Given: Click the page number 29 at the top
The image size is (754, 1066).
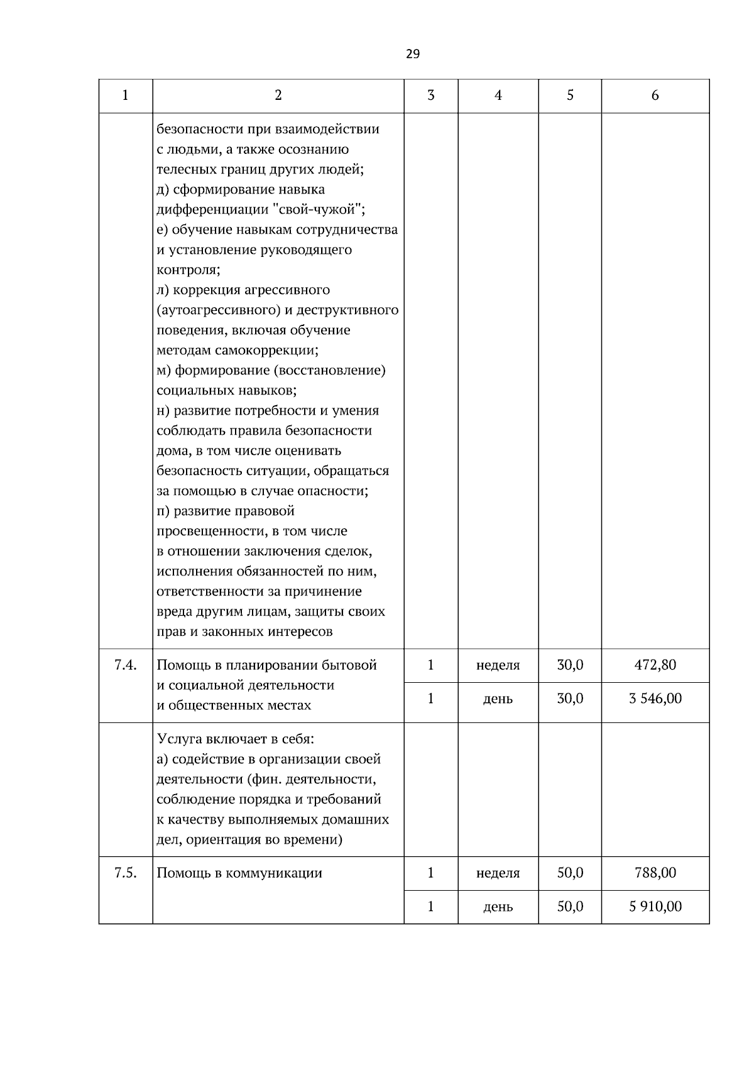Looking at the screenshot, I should tap(412, 54).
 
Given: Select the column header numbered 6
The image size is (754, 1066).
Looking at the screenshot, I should tap(655, 95).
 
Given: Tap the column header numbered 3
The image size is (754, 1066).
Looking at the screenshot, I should tap(430, 95).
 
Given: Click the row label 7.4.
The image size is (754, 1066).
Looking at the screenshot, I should tap(126, 665).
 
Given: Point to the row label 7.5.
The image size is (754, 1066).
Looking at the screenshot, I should tap(126, 873).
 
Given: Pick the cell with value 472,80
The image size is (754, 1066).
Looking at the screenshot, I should tap(655, 665).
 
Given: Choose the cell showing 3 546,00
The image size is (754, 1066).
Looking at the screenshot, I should tap(655, 699).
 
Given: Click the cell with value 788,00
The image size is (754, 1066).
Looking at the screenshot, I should tap(655, 873).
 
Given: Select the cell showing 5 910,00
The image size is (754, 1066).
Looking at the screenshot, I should tap(655, 906).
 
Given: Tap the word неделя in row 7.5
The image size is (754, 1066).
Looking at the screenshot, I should tap(498, 873).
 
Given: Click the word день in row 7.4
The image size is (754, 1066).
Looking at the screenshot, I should tap(498, 699).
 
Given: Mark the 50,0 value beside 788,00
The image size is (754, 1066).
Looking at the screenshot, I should tap(570, 873).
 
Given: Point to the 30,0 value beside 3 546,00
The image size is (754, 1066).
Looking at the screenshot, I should tap(570, 699).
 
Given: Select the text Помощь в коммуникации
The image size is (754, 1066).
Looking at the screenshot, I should tap(239, 873).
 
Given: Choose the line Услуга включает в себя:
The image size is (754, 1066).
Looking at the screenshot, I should tap(235, 739).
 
